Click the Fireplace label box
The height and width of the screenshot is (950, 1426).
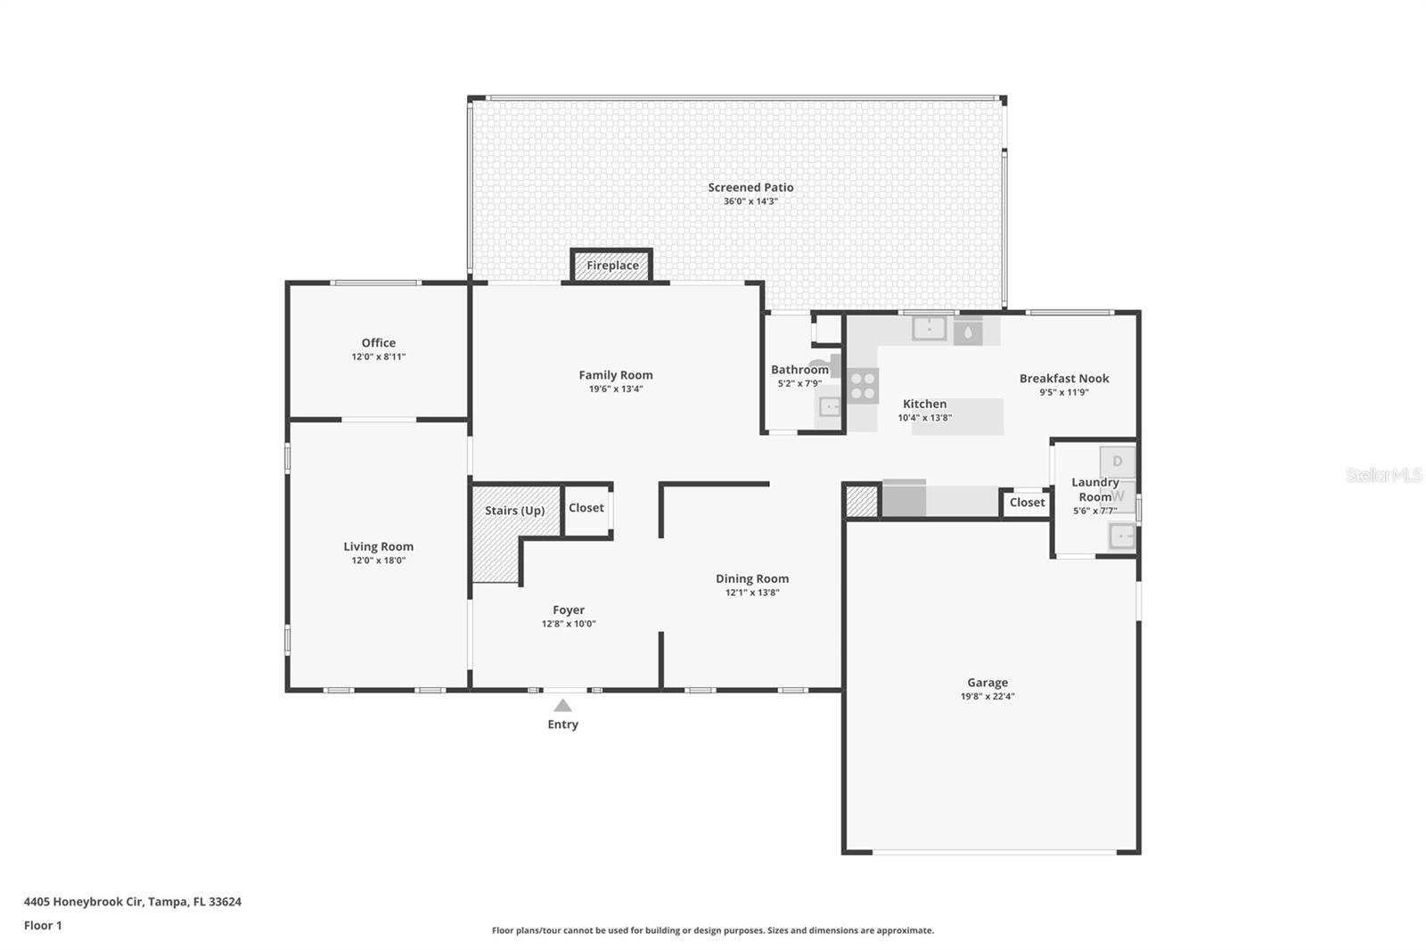pyautogui.click(x=612, y=266)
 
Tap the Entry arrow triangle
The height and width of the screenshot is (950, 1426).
pyautogui.click(x=562, y=706)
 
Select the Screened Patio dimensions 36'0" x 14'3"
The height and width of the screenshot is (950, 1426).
pyautogui.click(x=750, y=201)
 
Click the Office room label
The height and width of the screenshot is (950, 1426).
pyautogui.click(x=379, y=342)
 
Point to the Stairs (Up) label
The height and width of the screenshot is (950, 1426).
pyautogui.click(x=514, y=511)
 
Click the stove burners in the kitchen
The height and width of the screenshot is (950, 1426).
pyautogui.click(x=863, y=386)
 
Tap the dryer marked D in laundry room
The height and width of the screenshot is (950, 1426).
pyautogui.click(x=1118, y=463)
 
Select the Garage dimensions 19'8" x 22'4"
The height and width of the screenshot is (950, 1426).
pyautogui.click(x=988, y=697)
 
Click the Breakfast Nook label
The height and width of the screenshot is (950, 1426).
pyautogui.click(x=1064, y=378)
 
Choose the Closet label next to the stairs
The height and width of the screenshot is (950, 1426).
pyautogui.click(x=586, y=508)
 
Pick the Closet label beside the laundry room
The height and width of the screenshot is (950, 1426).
pyautogui.click(x=1027, y=503)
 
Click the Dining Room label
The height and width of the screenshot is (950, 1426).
pyautogui.click(x=752, y=578)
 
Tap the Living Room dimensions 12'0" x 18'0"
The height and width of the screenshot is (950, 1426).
pyautogui.click(x=379, y=561)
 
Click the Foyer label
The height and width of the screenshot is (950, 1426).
pyautogui.click(x=569, y=610)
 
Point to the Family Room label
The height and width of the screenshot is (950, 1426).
pyautogui.click(x=616, y=375)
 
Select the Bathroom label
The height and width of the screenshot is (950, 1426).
pyautogui.click(x=799, y=370)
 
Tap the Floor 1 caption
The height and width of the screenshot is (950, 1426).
pyautogui.click(x=43, y=925)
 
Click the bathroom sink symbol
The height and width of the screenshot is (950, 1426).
pyautogui.click(x=830, y=407)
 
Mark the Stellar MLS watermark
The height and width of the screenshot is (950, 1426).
pyautogui.click(x=1383, y=476)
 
